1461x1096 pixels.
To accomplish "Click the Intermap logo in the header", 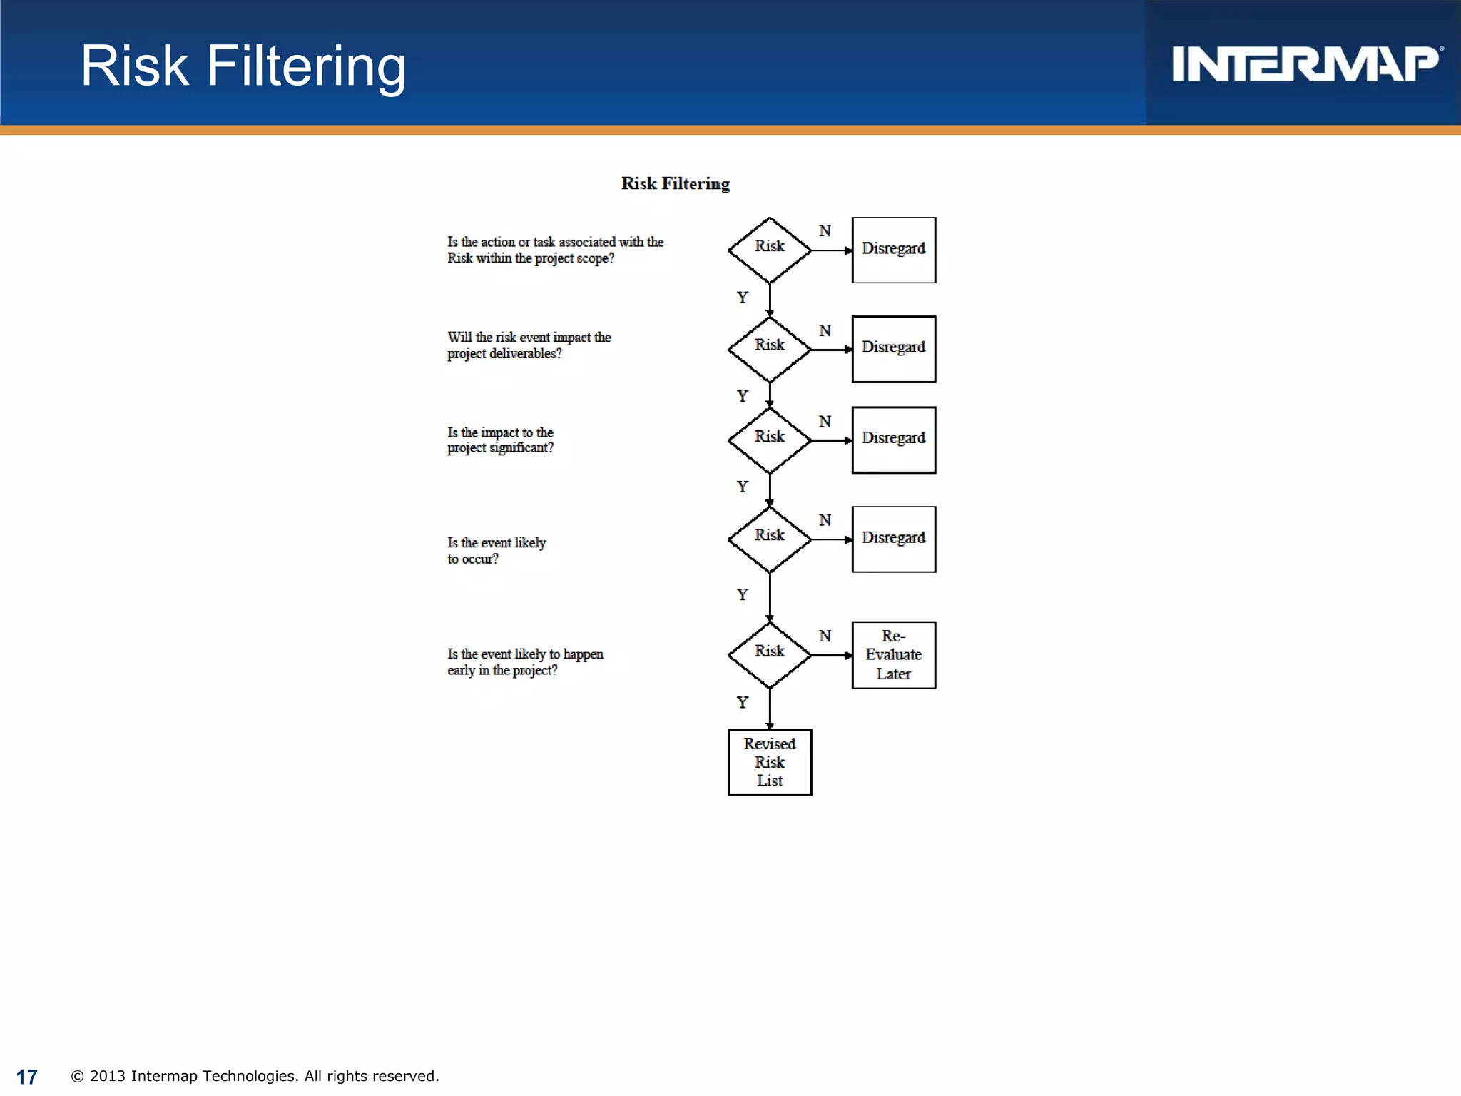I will pyautogui.click(x=1305, y=64).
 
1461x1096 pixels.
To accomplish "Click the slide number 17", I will pyautogui.click(x=26, y=1077).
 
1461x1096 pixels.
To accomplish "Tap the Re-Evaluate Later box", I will pyautogui.click(x=893, y=655).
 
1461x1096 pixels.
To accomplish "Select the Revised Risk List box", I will pyautogui.click(x=769, y=762).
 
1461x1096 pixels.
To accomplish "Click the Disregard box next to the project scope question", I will pyautogui.click(x=893, y=250).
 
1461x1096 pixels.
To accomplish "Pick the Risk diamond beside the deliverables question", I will pyautogui.click(x=769, y=349).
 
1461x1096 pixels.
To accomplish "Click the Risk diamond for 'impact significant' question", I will pyautogui.click(x=769, y=440).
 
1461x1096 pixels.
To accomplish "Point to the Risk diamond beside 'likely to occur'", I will pyautogui.click(x=769, y=539).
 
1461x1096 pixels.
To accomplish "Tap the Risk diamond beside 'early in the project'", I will pyautogui.click(x=769, y=654).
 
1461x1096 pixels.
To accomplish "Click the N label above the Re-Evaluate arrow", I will pyautogui.click(x=825, y=636).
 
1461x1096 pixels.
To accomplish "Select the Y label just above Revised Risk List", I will pyautogui.click(x=742, y=702).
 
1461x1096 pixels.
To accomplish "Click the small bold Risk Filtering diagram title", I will pyautogui.click(x=675, y=183).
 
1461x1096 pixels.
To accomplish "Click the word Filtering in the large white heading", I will pyautogui.click(x=306, y=66).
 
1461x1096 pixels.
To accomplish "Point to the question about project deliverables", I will pyautogui.click(x=529, y=345).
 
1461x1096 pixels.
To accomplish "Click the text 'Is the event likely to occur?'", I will pyautogui.click(x=497, y=551).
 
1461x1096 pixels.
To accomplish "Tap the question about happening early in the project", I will pyautogui.click(x=525, y=662).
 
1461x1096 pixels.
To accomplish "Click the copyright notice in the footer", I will pyautogui.click(x=255, y=1076).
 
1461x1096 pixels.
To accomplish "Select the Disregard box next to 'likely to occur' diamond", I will pyautogui.click(x=893, y=539).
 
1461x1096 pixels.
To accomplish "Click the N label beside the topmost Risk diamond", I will pyautogui.click(x=825, y=230).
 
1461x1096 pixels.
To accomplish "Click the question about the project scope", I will pyautogui.click(x=555, y=250).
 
